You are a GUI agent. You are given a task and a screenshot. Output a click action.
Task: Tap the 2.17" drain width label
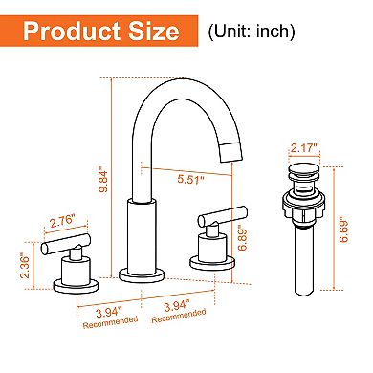point(300,148)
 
